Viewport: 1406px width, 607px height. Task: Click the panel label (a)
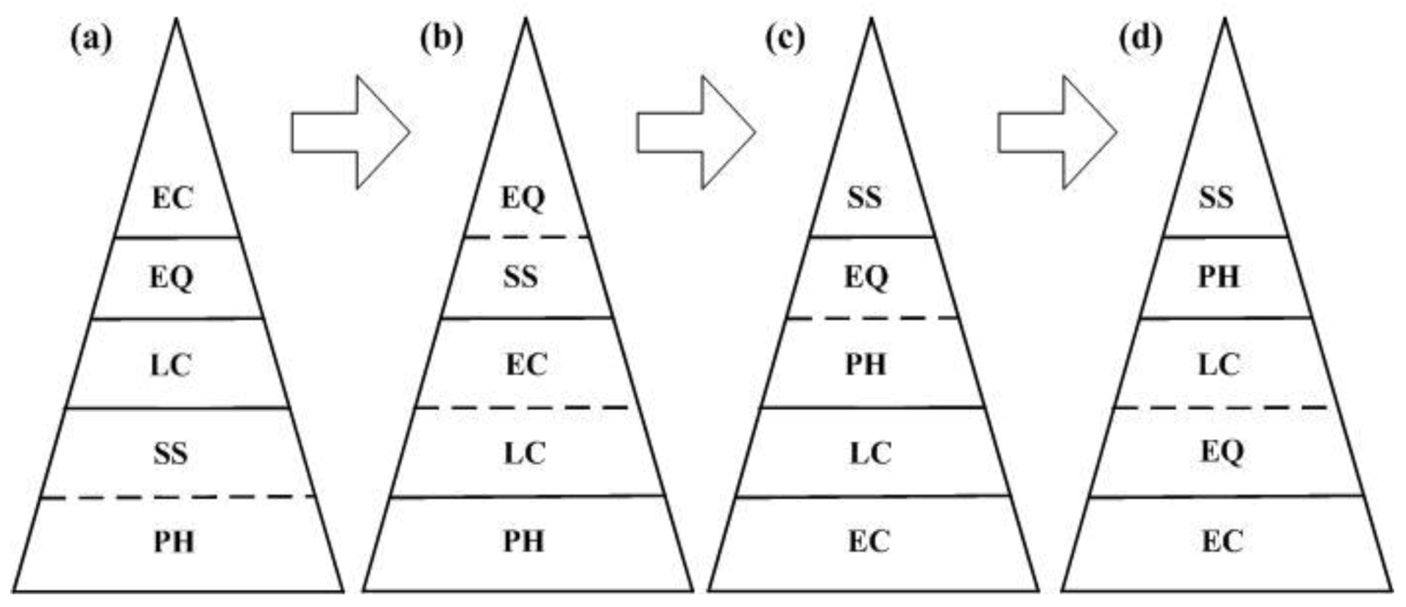pos(91,38)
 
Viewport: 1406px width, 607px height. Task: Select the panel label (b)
pos(441,38)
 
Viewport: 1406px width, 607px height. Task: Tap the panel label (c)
pos(785,38)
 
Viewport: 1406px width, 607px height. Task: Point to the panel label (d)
pos(1140,38)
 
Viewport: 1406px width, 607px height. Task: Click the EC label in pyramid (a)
pos(172,198)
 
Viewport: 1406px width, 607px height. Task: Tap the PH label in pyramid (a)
pos(174,542)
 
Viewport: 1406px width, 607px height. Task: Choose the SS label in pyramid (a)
pos(170,453)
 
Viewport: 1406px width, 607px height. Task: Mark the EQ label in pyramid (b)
pos(523,198)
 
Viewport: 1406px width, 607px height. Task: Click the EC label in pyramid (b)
pos(526,365)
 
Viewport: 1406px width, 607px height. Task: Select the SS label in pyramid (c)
pos(864,198)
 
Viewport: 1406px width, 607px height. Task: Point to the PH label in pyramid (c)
pos(866,365)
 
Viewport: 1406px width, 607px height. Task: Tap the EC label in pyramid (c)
pos(869,542)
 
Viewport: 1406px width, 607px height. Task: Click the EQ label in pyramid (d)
pos(1222,452)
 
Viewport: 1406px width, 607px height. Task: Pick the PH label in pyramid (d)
pos(1219,277)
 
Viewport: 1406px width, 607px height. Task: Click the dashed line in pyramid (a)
pos(177,497)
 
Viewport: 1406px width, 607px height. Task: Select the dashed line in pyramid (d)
pos(1222,407)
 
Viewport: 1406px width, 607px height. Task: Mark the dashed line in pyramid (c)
pos(872,319)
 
